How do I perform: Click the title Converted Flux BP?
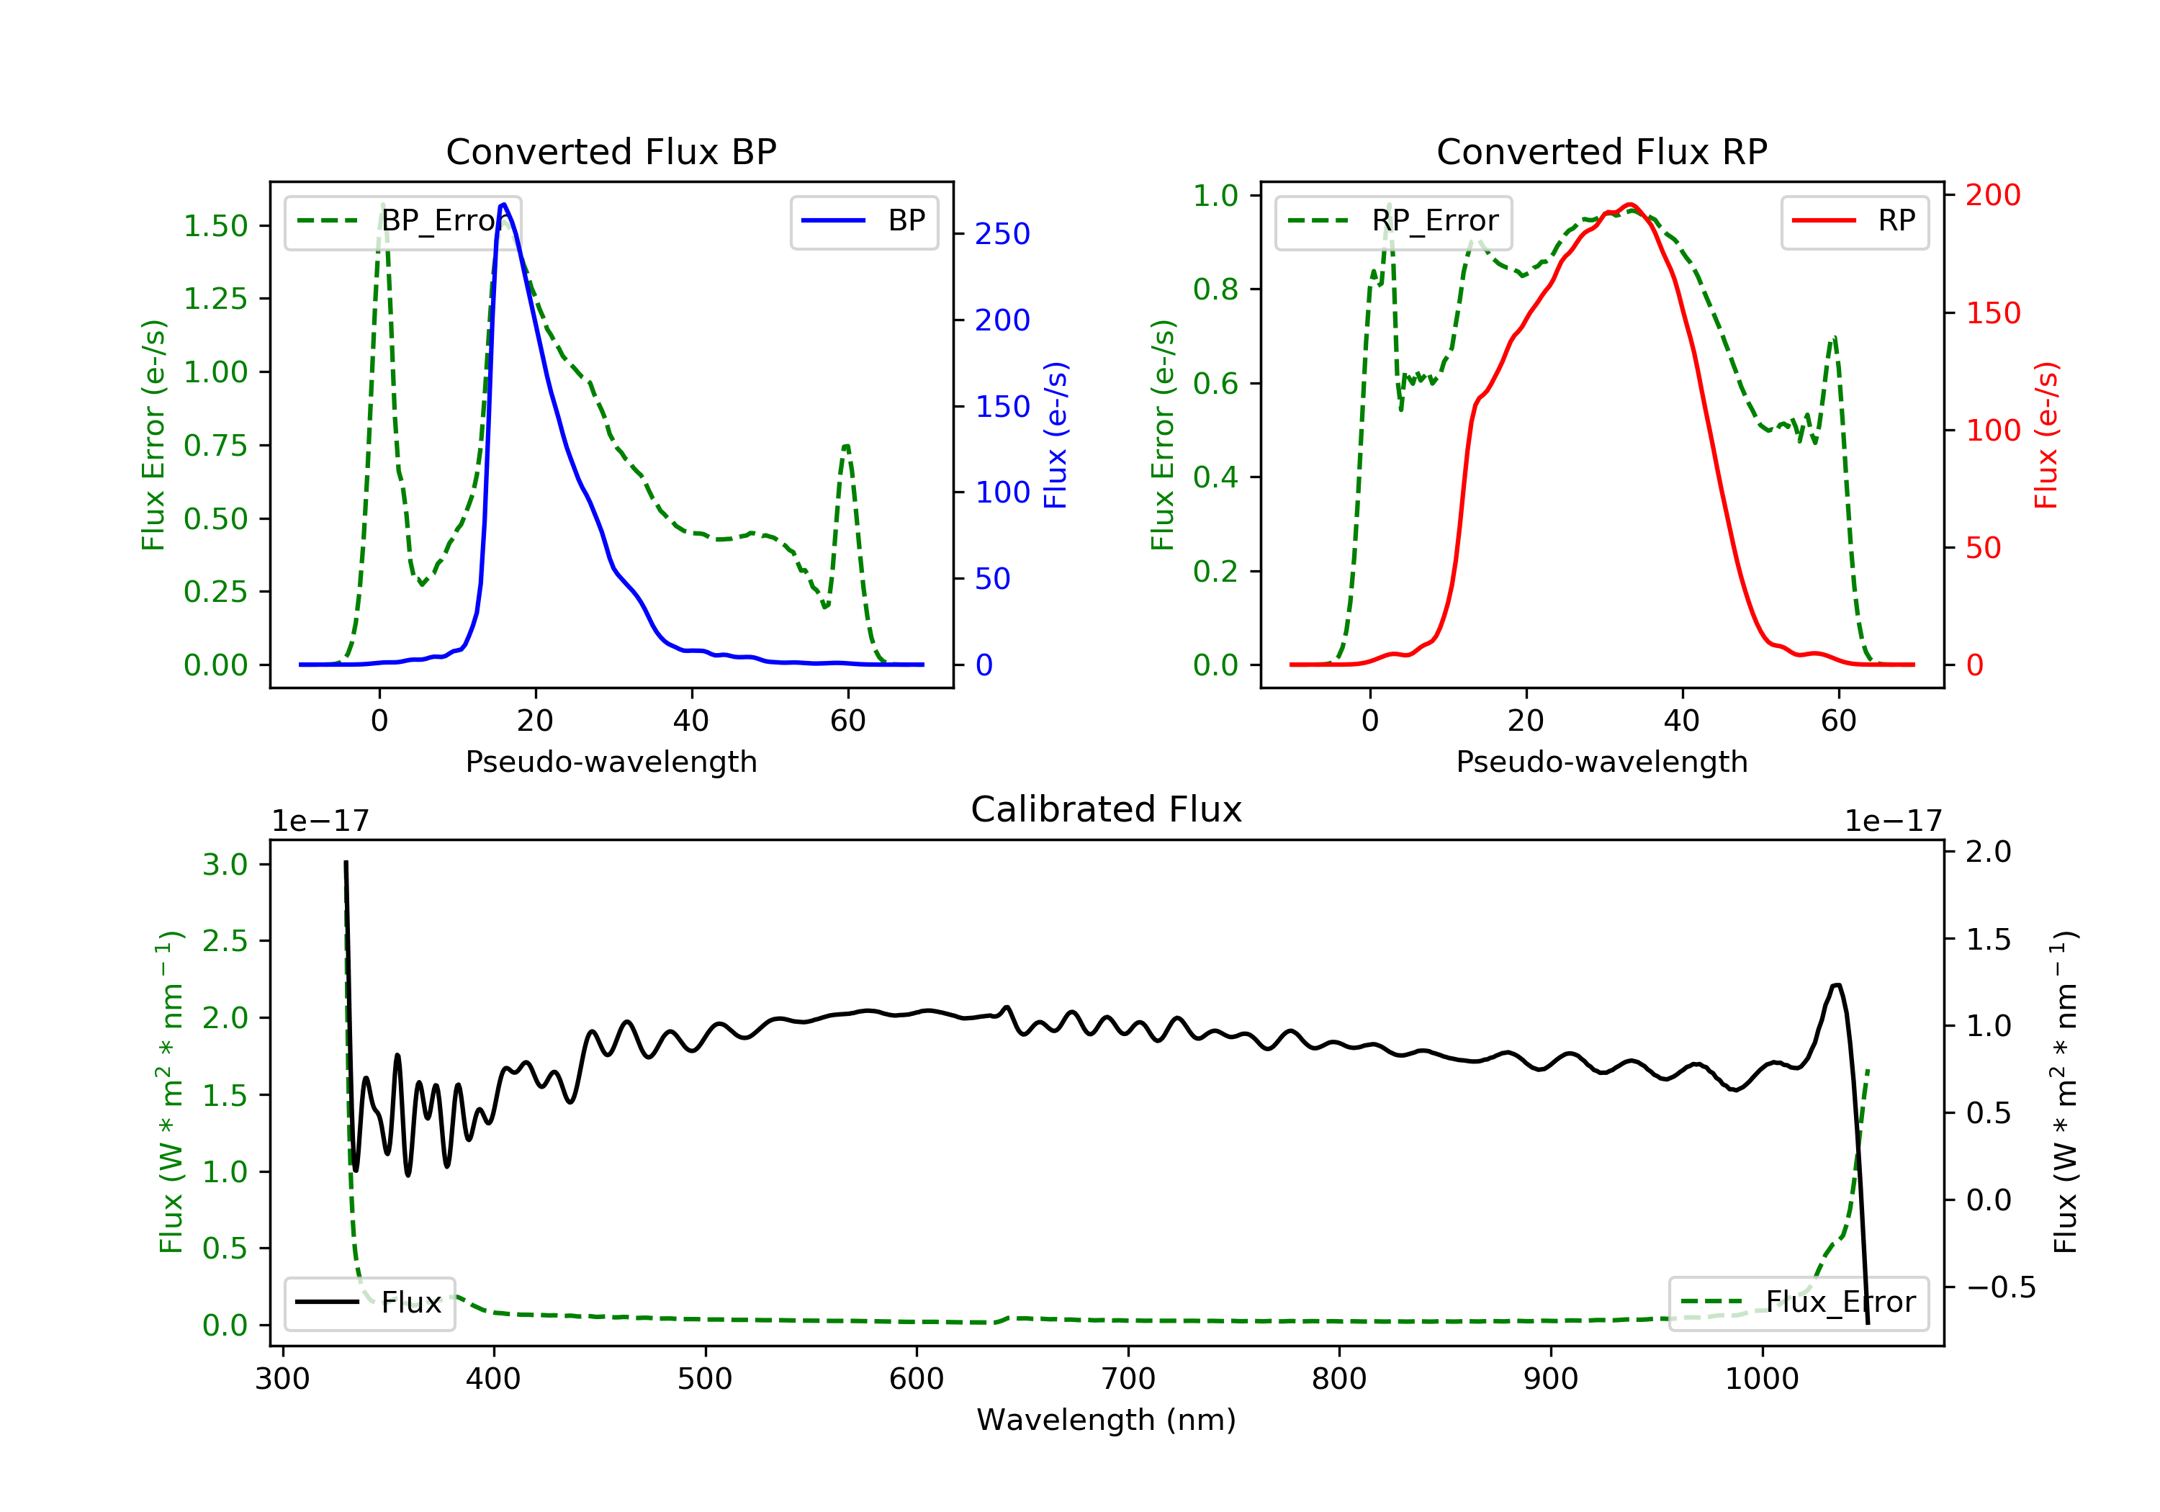click(x=611, y=151)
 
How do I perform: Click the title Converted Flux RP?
click(x=1601, y=151)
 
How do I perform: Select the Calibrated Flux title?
click(x=1107, y=809)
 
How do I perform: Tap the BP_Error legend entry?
click(x=402, y=221)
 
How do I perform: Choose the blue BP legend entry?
click(x=863, y=221)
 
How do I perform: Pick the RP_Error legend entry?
click(x=1392, y=221)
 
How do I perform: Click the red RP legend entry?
click(x=1854, y=221)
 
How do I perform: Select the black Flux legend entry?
click(x=369, y=1302)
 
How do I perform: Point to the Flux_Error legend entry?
click(x=1798, y=1302)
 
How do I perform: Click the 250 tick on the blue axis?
click(x=1002, y=234)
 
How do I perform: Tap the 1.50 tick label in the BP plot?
click(x=215, y=226)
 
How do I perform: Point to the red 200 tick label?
click(x=1992, y=195)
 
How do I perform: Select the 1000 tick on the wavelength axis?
click(x=1761, y=1380)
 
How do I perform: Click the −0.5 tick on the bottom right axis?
click(x=2001, y=1287)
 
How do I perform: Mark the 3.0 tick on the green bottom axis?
click(x=225, y=865)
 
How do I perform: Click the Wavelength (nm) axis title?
click(x=1107, y=1420)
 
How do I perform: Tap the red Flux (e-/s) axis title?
click(x=2046, y=436)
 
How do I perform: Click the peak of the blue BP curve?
click(x=504, y=204)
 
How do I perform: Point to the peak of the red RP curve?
click(x=1630, y=204)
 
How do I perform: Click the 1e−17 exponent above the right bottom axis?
click(x=1893, y=822)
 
